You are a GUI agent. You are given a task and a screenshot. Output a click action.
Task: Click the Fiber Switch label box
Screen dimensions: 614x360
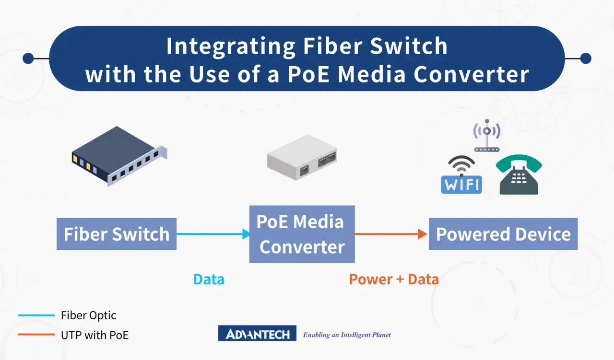tap(117, 234)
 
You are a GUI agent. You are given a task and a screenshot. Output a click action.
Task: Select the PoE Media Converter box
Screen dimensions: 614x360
tap(302, 234)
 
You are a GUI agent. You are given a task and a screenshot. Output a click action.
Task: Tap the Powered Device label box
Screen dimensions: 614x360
tap(503, 234)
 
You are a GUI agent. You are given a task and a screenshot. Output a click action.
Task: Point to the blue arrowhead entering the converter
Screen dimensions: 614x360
tap(246, 234)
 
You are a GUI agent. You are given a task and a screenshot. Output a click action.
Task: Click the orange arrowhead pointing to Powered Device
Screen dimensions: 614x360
tap(423, 234)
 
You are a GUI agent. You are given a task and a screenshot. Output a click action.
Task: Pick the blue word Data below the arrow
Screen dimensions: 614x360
tap(209, 279)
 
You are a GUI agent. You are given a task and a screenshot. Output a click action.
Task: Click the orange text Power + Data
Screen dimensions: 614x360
tap(394, 279)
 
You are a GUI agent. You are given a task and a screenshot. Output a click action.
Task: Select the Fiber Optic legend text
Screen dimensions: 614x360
tap(89, 315)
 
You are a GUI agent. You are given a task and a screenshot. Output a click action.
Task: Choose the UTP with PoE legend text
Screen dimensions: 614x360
tap(94, 335)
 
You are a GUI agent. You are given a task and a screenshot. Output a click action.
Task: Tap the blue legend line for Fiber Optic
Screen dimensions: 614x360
tap(36, 315)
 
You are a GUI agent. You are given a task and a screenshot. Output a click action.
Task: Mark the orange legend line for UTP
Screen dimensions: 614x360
tap(36, 335)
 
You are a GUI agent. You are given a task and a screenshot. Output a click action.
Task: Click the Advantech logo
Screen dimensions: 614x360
tap(257, 333)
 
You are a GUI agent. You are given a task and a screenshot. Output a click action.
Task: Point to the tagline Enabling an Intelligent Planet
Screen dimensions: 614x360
tap(347, 335)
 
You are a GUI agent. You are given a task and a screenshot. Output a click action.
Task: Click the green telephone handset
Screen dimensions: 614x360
tap(519, 163)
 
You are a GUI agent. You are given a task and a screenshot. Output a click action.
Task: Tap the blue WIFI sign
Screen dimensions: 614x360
tap(461, 185)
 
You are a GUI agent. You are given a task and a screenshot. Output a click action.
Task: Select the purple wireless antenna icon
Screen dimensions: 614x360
tap(487, 136)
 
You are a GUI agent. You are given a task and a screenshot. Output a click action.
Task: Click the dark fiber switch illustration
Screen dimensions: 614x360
tap(119, 156)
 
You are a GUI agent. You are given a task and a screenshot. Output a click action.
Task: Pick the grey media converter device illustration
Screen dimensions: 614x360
tap(302, 157)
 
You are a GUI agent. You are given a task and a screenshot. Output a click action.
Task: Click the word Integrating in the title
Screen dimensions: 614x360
tap(231, 46)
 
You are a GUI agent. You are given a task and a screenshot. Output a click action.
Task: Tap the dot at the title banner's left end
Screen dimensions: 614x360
tap(28, 58)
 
